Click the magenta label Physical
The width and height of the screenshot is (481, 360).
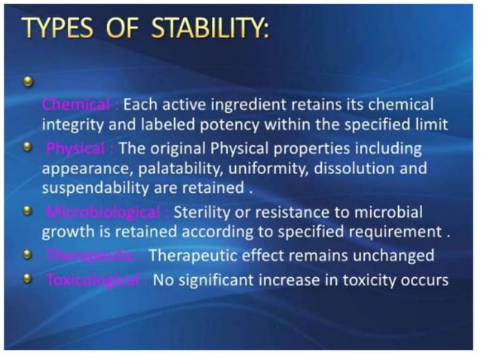pyautogui.click(x=78, y=148)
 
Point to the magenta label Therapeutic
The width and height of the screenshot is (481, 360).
pyautogui.click(x=89, y=256)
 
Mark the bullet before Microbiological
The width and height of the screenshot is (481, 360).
pyautogui.click(x=28, y=212)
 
